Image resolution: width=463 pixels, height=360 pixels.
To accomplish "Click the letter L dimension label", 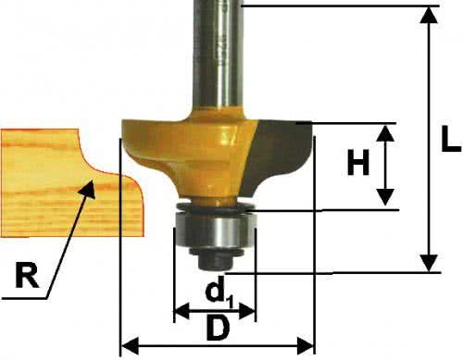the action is pyautogui.click(x=451, y=139).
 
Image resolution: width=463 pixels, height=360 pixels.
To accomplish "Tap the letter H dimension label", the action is pyautogui.click(x=358, y=162).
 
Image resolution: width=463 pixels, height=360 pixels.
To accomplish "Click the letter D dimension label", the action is pyautogui.click(x=219, y=328).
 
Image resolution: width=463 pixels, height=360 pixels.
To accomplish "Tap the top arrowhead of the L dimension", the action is pyautogui.click(x=429, y=15).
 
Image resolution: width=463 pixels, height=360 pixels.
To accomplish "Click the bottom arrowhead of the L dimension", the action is pyautogui.click(x=429, y=263).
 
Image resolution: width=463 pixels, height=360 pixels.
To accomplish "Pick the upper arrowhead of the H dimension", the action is pyautogui.click(x=385, y=133).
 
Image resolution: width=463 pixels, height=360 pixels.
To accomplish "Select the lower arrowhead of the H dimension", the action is pyautogui.click(x=385, y=197).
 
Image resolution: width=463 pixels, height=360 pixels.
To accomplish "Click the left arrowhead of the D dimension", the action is pyautogui.click(x=130, y=346).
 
